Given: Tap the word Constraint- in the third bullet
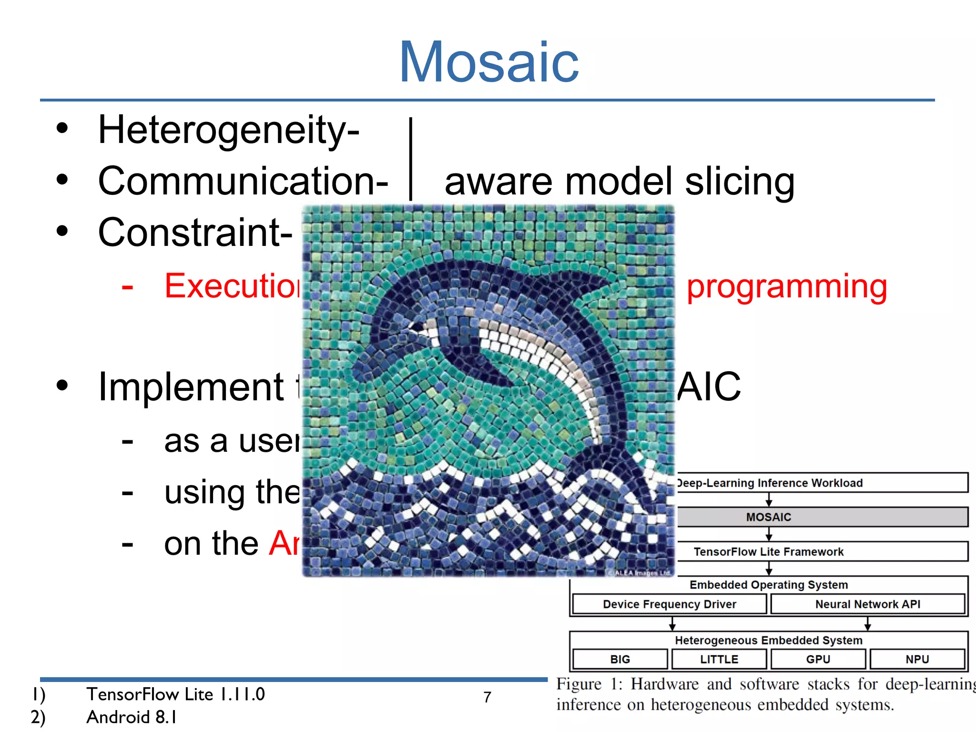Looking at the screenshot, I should click(195, 232).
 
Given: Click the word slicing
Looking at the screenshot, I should click(740, 182).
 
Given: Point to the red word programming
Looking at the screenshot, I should click(786, 287).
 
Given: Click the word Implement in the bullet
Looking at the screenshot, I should click(191, 387).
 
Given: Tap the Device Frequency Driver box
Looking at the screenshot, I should click(669, 604).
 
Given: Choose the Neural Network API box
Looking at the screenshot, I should click(867, 604).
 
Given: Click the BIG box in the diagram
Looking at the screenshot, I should click(620, 659).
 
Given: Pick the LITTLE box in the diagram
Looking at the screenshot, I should click(719, 659).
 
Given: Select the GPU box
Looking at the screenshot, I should click(818, 659).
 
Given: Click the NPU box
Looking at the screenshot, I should click(917, 659).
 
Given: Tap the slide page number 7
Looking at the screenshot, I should click(487, 697).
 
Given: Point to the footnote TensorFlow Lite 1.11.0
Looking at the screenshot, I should click(175, 694).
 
